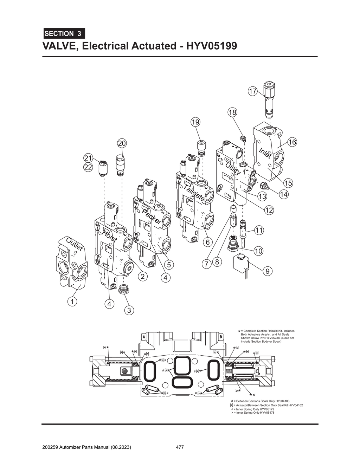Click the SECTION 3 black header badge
[x=64, y=34]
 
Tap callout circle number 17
[x=252, y=91]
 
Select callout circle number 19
[x=195, y=122]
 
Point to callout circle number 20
[x=122, y=143]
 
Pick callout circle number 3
[x=129, y=310]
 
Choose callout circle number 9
[x=268, y=271]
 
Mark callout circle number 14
[x=284, y=194]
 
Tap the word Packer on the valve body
[x=152, y=217]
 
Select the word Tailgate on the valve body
[x=194, y=193]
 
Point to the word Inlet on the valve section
[x=265, y=154]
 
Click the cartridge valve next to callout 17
[x=269, y=98]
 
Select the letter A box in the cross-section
[x=144, y=336]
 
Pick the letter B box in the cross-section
[x=220, y=336]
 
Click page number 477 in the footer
[x=180, y=447]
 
